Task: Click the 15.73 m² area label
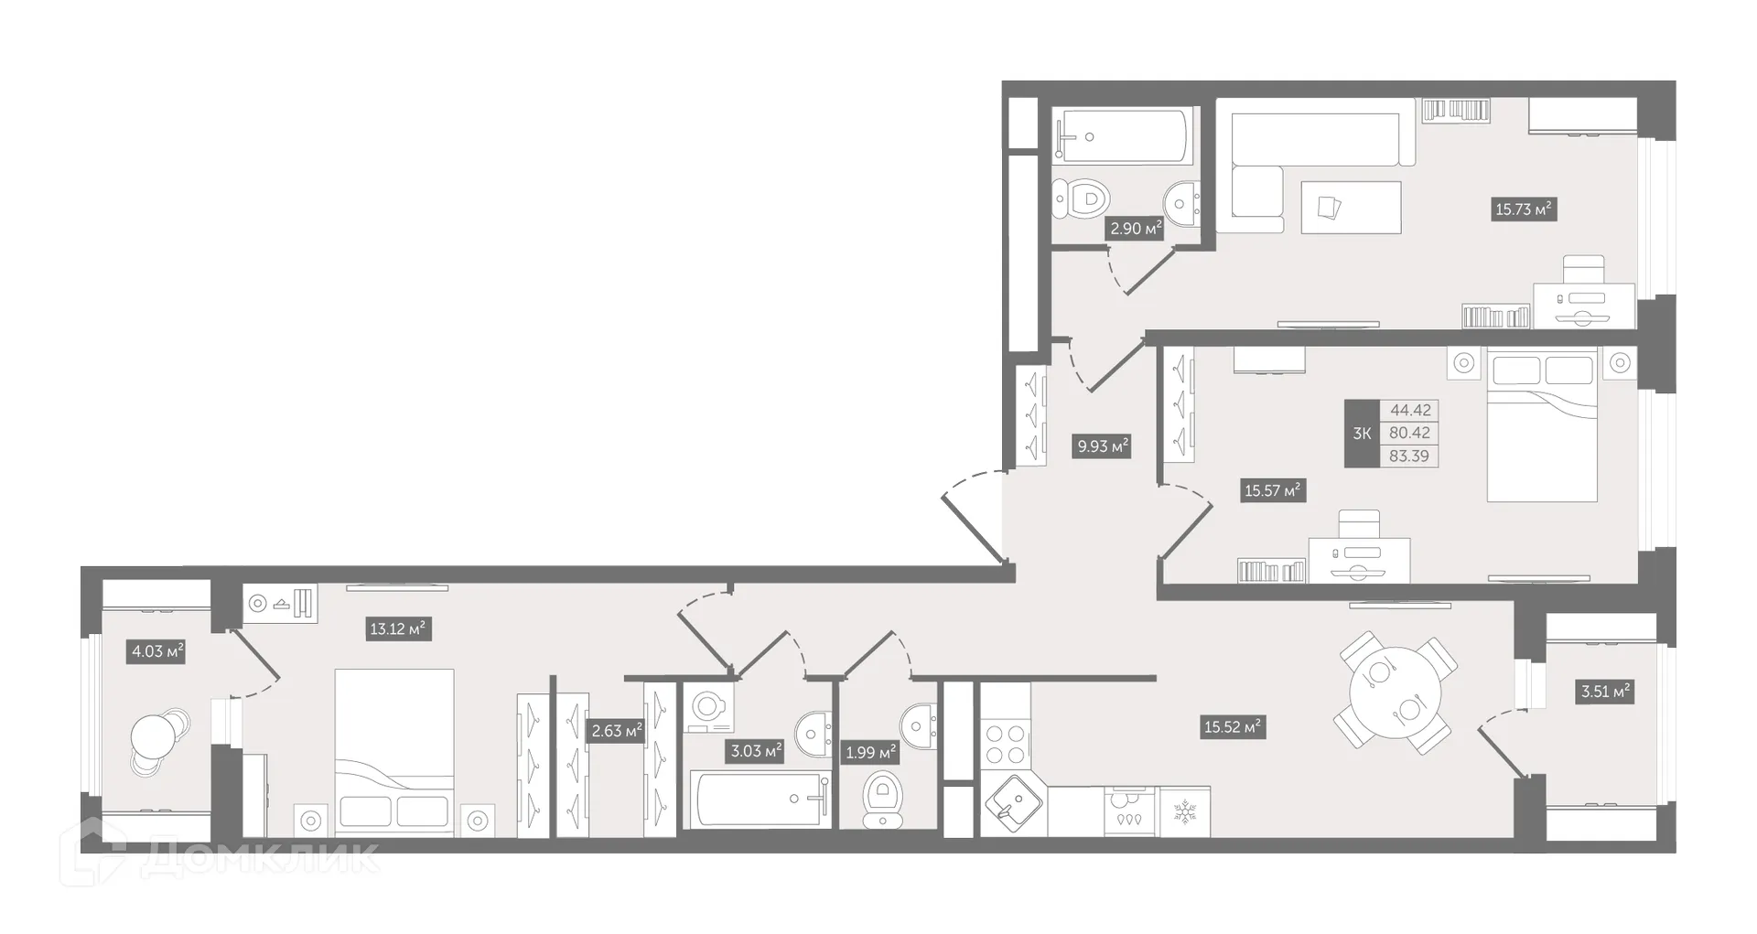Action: click(x=1524, y=209)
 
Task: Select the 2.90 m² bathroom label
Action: click(x=1136, y=228)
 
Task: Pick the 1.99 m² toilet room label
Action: click(x=870, y=752)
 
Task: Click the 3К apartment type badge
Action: click(x=1362, y=434)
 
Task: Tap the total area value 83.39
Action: click(x=1408, y=456)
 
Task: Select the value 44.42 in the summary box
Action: click(x=1409, y=411)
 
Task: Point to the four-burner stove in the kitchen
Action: click(x=1005, y=743)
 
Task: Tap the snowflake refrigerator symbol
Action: click(x=1184, y=811)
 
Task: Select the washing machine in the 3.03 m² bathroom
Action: click(x=706, y=707)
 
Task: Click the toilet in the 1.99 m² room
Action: click(x=883, y=798)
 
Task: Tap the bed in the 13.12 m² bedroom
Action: click(x=394, y=750)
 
